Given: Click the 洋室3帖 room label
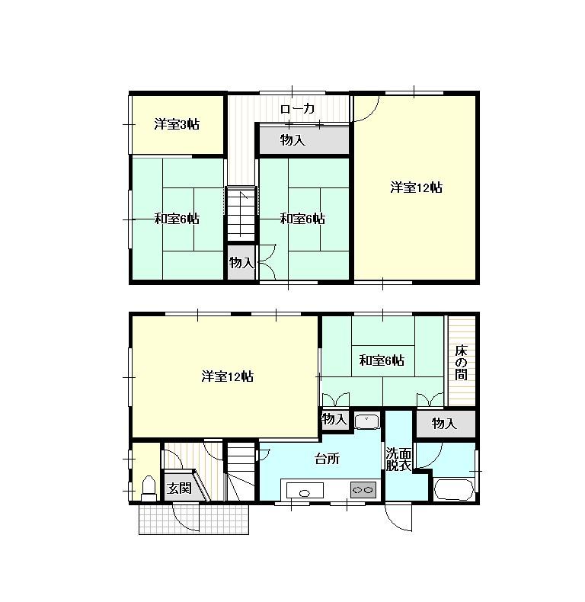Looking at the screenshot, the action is (177, 124).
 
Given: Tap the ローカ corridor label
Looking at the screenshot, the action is (298, 109).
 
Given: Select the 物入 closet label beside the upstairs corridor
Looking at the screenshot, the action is (293, 140).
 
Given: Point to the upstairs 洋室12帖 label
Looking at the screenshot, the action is (417, 187).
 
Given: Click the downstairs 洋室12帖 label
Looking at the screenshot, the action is (227, 376).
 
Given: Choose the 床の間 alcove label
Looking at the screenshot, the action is (461, 363).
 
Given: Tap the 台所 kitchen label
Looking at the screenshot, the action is (327, 459).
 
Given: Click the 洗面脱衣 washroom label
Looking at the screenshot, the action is (398, 460).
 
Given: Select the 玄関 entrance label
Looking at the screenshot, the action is (179, 488).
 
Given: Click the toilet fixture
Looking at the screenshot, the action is (149, 488).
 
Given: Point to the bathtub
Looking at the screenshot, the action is (453, 489).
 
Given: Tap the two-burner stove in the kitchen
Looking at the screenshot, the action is (363, 490).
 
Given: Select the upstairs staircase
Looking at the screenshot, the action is (241, 213).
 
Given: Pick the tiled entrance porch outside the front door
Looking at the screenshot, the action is (193, 519).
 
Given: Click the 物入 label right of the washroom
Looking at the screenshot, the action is (444, 424).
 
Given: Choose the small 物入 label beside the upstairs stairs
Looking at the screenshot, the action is (241, 263).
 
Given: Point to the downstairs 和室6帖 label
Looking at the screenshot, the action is (382, 360).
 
